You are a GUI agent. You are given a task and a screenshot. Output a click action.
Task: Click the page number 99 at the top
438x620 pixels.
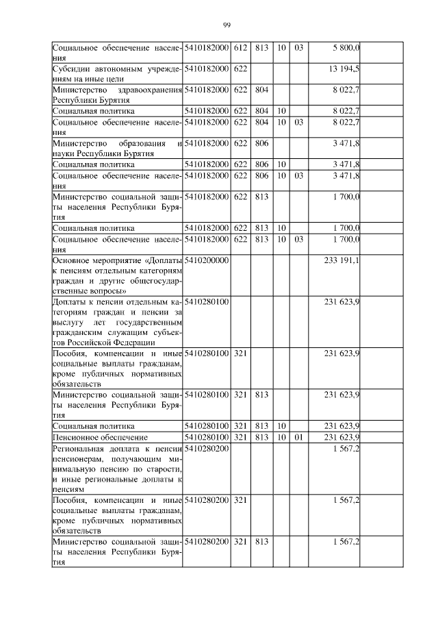(227, 26)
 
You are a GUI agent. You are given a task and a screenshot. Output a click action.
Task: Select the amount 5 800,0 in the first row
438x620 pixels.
(346, 47)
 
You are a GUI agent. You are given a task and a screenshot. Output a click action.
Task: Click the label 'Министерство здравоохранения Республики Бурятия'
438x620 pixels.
(117, 93)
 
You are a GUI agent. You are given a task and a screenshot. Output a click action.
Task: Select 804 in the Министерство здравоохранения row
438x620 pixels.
(261, 88)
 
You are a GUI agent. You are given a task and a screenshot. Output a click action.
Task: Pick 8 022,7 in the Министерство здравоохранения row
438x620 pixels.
(346, 88)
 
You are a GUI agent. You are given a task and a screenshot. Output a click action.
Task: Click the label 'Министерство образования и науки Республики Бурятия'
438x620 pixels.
(117, 148)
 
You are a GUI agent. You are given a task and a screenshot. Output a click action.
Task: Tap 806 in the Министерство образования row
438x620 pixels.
(261, 143)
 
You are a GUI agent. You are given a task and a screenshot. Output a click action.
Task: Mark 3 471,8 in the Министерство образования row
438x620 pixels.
(346, 143)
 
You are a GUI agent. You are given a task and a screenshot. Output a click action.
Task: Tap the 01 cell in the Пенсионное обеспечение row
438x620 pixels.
(298, 436)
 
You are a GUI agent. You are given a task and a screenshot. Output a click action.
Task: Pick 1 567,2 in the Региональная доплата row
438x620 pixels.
(346, 447)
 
